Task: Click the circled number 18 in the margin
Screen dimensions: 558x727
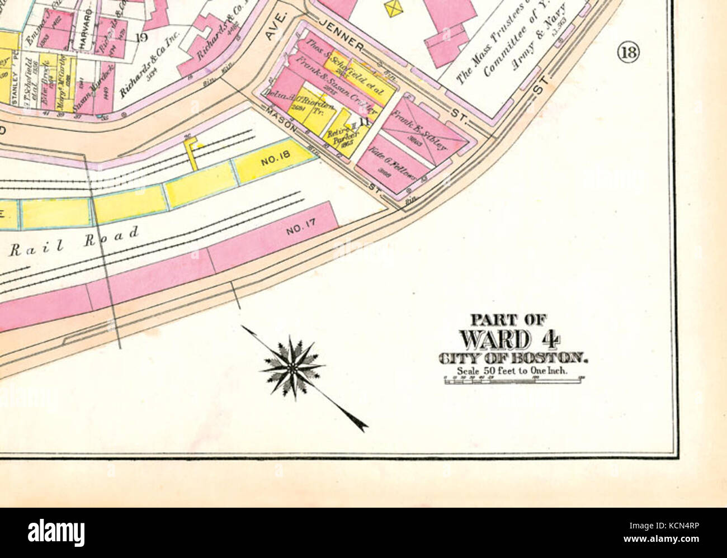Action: coord(627,53)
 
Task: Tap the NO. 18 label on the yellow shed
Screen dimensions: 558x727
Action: coord(275,161)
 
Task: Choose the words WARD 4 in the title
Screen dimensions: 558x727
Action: coord(511,339)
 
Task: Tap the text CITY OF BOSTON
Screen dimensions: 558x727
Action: coord(513,358)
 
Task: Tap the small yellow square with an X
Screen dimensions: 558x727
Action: coord(395,7)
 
